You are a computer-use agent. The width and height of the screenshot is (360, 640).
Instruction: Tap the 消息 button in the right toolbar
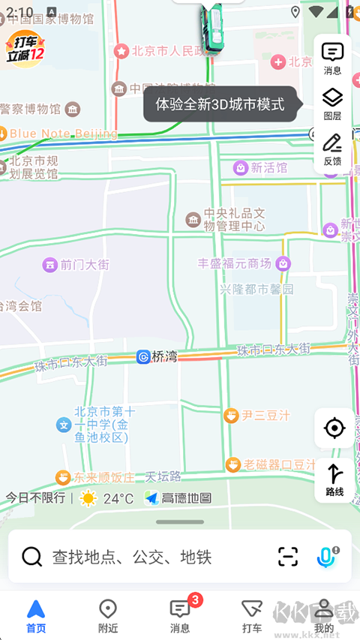coord(332,58)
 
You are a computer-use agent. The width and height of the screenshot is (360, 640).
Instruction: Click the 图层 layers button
coord(332,103)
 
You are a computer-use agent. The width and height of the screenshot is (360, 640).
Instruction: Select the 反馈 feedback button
coord(332,149)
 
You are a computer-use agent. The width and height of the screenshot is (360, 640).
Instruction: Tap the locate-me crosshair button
coord(334,428)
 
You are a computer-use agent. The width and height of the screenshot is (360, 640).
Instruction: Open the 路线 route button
coord(334,480)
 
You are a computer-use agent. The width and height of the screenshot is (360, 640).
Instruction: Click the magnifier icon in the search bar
coord(31,557)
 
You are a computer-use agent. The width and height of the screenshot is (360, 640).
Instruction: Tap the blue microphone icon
coord(325,557)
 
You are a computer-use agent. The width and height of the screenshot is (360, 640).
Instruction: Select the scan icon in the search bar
coord(288,557)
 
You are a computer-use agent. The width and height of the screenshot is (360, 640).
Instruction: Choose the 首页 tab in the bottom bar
coord(36,616)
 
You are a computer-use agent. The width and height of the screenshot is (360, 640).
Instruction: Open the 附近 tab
coord(108,616)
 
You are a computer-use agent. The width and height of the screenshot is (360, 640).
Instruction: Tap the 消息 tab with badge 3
coord(180,616)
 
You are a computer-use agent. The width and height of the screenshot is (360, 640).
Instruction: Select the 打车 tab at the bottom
coord(252,616)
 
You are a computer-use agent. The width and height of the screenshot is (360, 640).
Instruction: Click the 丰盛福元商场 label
coord(234,263)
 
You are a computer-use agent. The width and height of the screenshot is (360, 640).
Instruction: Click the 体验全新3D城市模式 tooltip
coord(220,104)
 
